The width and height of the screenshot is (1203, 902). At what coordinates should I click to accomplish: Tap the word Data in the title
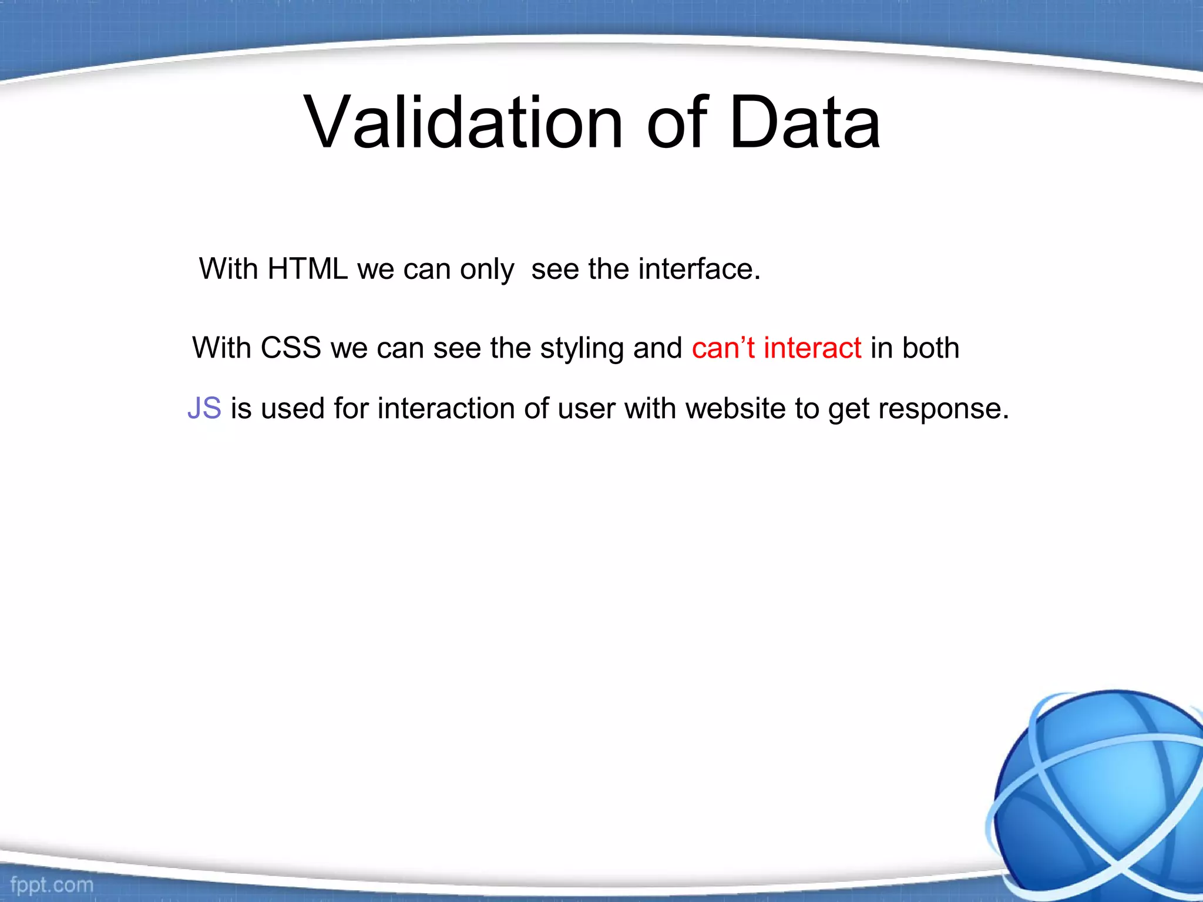pos(804,123)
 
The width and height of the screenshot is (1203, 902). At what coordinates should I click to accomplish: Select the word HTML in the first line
pos(307,269)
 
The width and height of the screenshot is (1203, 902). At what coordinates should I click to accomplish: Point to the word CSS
pos(290,348)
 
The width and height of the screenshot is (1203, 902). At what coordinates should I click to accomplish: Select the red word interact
pos(812,348)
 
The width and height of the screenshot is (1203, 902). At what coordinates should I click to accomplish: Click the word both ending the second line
pos(931,348)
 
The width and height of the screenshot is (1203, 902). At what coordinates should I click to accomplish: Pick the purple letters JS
pos(204,408)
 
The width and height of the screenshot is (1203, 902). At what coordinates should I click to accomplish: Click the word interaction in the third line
pos(446,408)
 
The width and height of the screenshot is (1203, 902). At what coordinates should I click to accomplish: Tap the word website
pos(735,408)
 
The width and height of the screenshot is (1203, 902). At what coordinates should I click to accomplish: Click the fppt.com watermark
pos(52,884)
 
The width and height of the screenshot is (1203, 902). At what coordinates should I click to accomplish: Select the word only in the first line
pos(487,270)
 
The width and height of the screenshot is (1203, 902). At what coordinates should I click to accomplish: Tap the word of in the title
pos(677,123)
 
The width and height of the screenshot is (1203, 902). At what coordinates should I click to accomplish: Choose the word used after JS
pos(292,408)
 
